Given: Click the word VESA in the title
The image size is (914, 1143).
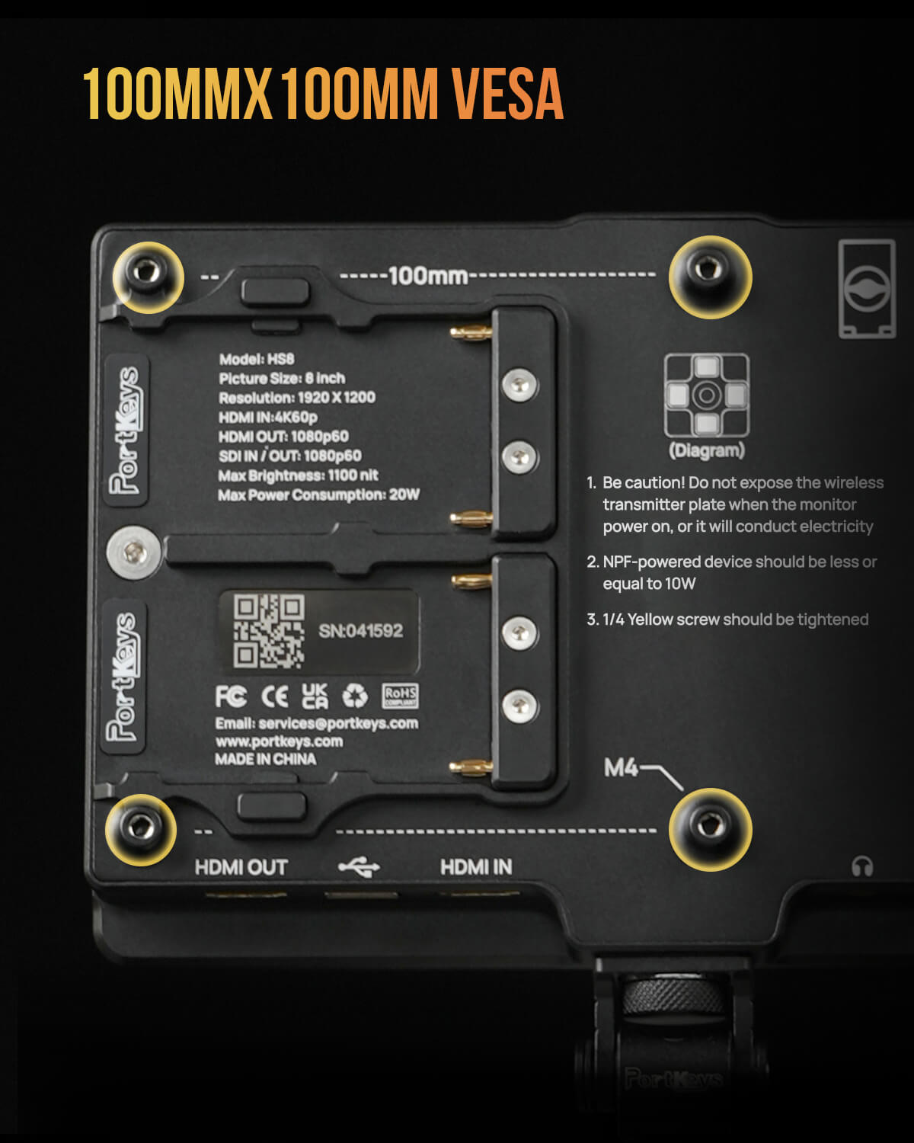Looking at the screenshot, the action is (x=507, y=94).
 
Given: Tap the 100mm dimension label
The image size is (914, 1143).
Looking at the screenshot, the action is (x=428, y=276).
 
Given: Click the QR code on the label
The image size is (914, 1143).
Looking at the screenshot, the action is (x=270, y=631).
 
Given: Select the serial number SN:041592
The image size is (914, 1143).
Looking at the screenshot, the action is (x=360, y=631).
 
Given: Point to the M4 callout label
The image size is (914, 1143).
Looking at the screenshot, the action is (x=621, y=767).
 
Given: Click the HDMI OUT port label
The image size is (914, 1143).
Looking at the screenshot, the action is (x=241, y=867).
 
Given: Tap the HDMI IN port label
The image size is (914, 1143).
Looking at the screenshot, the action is (x=476, y=867).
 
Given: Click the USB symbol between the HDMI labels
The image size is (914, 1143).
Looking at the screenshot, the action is (x=359, y=867).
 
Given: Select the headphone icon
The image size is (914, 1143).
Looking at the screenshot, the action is (x=862, y=866).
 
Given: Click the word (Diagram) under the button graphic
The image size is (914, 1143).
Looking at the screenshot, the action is (x=707, y=450).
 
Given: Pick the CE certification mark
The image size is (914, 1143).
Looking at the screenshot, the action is (x=274, y=696).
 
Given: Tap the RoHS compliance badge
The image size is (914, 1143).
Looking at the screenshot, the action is (x=401, y=696).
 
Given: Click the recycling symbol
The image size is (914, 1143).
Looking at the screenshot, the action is (x=355, y=696).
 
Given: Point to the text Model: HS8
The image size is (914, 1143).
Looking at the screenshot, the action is (x=257, y=359).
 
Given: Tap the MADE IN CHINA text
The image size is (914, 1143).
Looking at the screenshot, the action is (x=266, y=759).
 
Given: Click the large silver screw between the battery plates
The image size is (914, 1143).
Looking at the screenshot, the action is (x=134, y=552).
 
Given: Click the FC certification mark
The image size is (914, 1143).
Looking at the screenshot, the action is (x=231, y=696).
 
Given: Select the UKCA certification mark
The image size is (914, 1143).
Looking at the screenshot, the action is (x=315, y=696).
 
